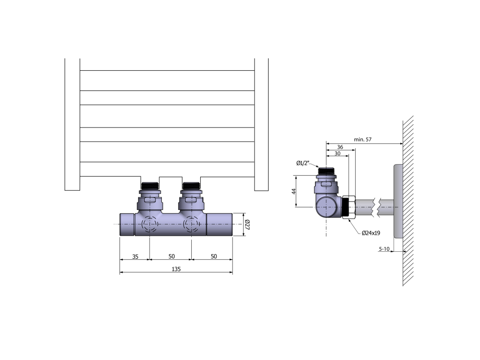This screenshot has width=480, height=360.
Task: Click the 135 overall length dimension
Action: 176,269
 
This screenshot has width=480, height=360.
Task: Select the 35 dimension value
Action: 135,256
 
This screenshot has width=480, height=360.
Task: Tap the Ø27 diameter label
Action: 247,225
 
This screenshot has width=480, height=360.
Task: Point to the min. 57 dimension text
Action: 363,139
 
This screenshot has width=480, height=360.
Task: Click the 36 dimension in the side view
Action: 340,147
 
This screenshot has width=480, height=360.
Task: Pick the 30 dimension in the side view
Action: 337,153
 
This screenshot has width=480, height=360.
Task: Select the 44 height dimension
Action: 294,191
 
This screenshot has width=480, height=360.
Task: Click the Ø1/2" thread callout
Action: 303,163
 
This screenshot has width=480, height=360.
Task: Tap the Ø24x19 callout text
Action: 371,233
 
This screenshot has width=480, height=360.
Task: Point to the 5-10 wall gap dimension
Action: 384,248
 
